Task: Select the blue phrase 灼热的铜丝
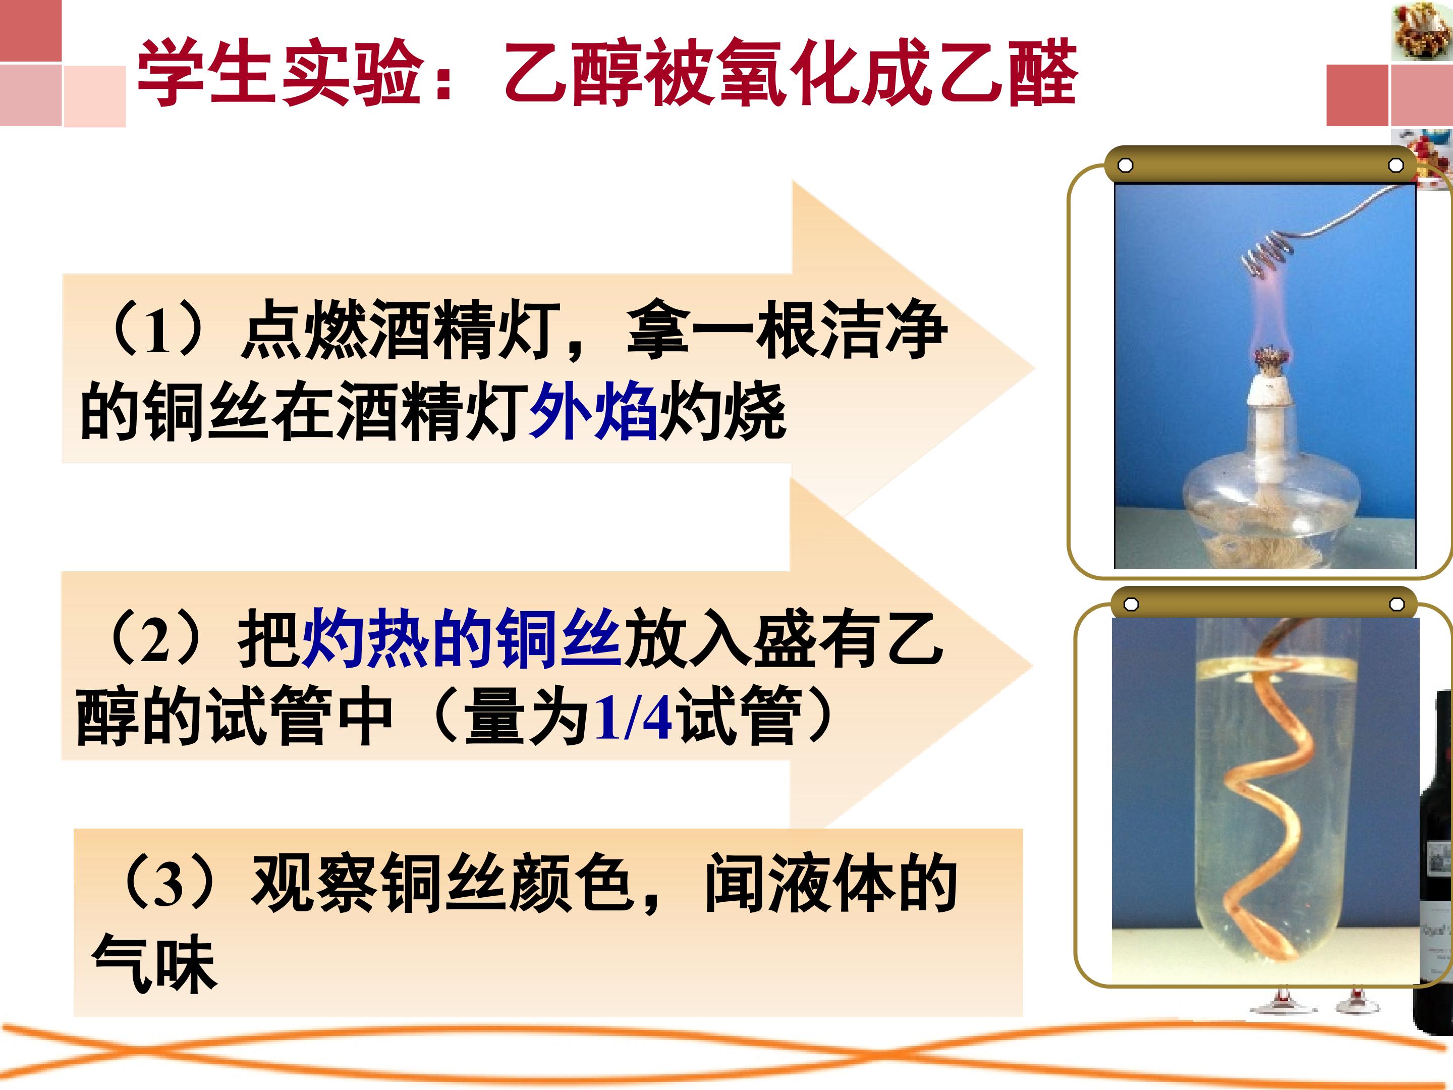(x=462, y=637)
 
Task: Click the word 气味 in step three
(x=154, y=963)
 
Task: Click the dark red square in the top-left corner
(x=30, y=30)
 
